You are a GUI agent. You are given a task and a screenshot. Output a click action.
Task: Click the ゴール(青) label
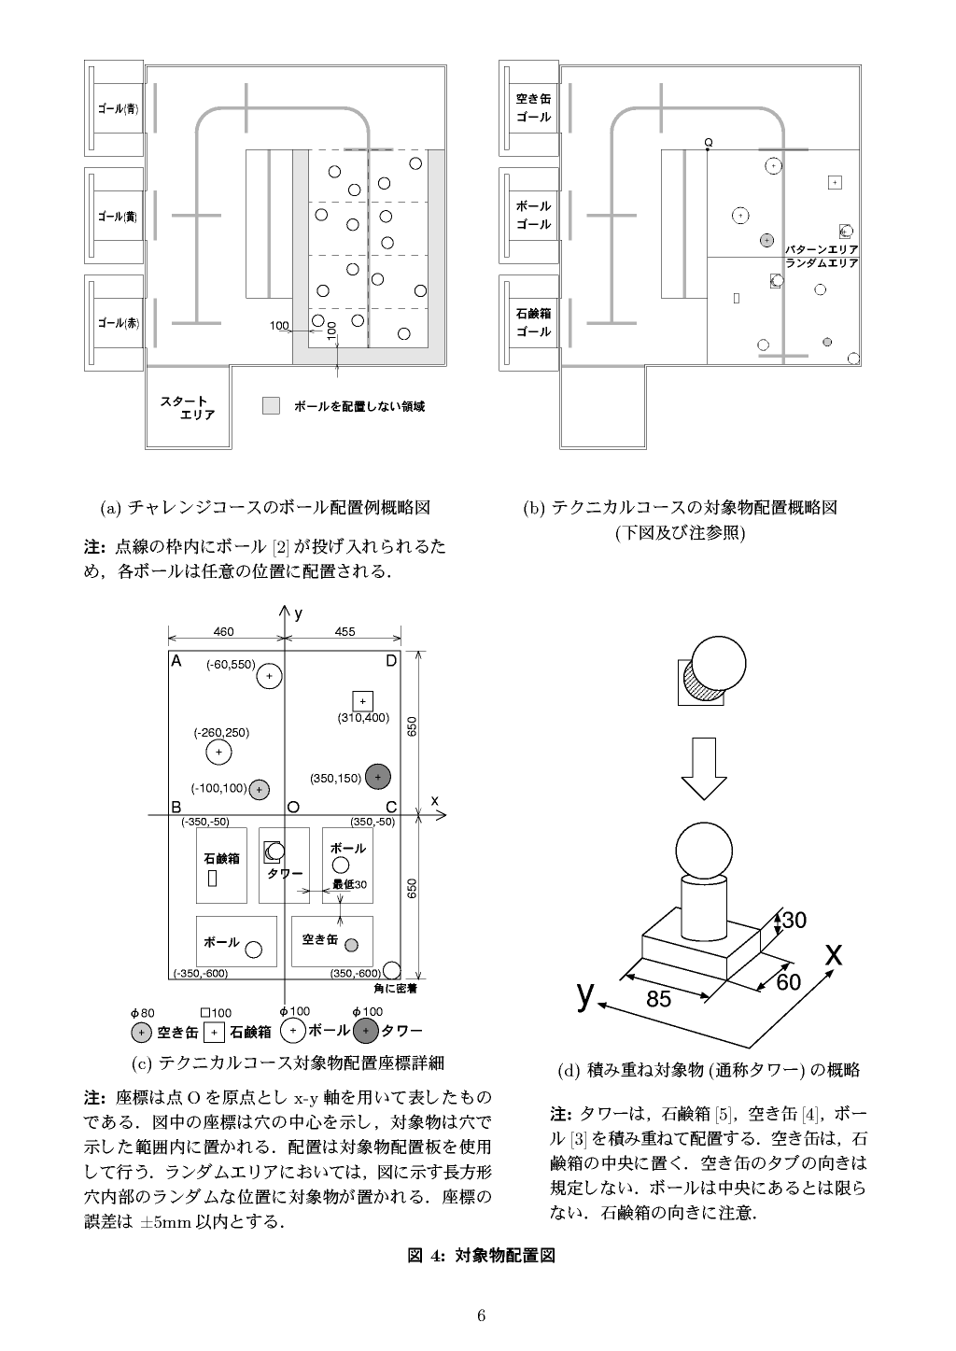point(118,109)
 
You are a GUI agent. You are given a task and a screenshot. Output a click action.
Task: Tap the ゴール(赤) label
point(118,323)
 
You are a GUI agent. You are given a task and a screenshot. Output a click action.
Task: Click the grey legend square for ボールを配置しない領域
point(272,406)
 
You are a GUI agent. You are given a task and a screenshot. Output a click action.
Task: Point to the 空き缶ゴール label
point(533,108)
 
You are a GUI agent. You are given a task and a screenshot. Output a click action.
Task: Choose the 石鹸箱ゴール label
point(533,323)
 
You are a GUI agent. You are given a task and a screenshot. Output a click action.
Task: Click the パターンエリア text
point(822,250)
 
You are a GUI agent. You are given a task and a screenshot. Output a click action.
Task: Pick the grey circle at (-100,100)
point(260,789)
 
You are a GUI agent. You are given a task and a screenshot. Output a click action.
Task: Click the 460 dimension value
point(224,632)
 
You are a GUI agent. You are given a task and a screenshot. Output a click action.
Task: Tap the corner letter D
point(391,661)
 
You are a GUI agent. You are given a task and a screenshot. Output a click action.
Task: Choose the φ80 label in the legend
point(142,1013)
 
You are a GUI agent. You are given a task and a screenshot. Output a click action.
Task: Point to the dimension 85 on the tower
point(658,999)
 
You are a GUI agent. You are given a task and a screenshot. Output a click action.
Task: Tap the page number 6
point(481,1316)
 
